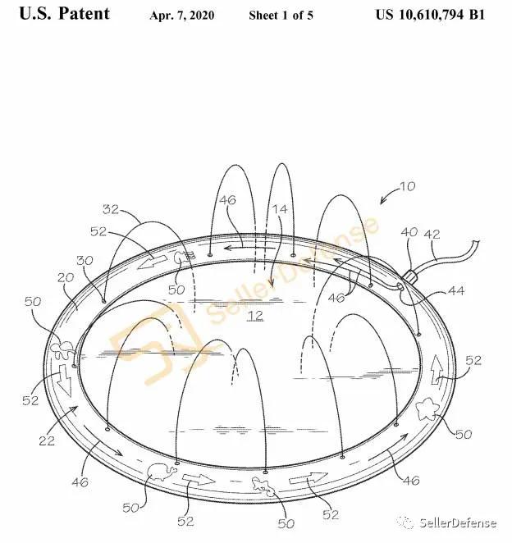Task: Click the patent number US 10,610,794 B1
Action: tap(430, 15)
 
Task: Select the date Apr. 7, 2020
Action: tap(181, 16)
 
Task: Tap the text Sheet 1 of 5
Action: tap(281, 16)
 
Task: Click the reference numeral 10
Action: tap(407, 186)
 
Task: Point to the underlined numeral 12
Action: tap(255, 316)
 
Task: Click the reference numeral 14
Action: tap(279, 209)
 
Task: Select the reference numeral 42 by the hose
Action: tap(432, 234)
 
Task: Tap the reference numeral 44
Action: tap(456, 290)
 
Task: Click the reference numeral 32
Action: tap(111, 209)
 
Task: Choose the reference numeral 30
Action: tap(85, 260)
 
